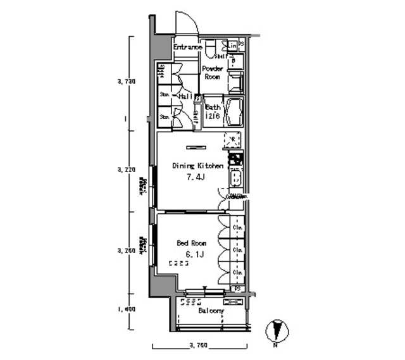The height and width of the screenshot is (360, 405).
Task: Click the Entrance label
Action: pos(188,47)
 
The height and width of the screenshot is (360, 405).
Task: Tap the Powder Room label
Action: pos(211,72)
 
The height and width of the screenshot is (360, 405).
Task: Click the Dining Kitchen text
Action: pos(198,166)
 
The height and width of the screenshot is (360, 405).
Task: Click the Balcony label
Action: pos(211,311)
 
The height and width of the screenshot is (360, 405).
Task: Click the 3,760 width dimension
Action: pos(199,345)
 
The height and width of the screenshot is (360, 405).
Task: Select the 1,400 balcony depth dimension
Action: pos(126,309)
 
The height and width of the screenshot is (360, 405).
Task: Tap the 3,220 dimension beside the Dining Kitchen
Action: pos(126,170)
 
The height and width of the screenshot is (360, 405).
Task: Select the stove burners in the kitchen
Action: pos(235,159)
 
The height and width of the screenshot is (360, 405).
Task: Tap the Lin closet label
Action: pos(234,46)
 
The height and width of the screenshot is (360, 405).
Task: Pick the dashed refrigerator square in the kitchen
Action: pos(232,140)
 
